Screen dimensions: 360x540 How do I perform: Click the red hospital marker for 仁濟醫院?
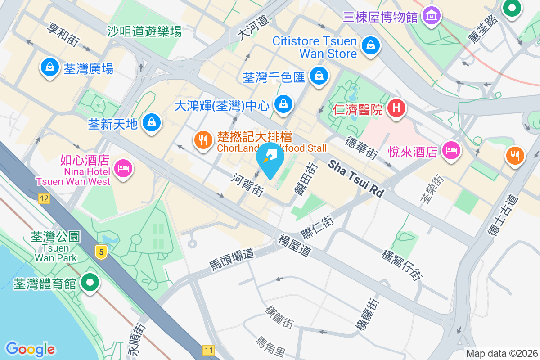pyautogui.click(x=396, y=108)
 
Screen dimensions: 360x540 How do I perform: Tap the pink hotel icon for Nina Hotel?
pyautogui.click(x=123, y=168)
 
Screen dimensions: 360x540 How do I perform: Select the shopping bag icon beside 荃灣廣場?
pyautogui.click(x=50, y=67)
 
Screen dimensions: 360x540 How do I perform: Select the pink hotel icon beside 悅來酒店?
pyautogui.click(x=451, y=150)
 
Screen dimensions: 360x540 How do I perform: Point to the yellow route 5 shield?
pyautogui.click(x=102, y=252)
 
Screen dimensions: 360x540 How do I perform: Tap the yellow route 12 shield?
pyautogui.click(x=44, y=198)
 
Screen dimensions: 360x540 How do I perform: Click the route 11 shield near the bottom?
pyautogui.click(x=208, y=350)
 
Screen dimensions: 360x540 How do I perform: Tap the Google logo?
pyautogui.click(x=30, y=349)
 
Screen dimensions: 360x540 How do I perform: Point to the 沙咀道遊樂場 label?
pyautogui.click(x=144, y=31)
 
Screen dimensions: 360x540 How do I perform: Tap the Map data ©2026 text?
pyautogui.click(x=502, y=353)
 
